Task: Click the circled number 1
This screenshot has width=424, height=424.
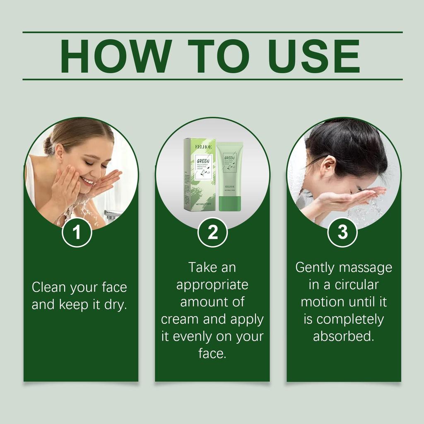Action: point(77,233)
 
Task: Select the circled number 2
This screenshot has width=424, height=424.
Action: point(212,233)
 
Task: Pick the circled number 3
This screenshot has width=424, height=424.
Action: point(343,233)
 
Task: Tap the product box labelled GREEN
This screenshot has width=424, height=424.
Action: point(199,174)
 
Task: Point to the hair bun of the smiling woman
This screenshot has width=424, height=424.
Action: point(48,145)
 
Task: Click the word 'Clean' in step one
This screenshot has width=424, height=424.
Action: point(49,287)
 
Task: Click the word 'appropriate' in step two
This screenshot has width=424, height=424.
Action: point(212,285)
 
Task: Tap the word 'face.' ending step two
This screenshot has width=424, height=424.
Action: point(212,354)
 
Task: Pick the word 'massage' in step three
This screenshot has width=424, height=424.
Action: point(365,268)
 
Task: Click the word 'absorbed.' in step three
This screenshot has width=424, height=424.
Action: point(343,337)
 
